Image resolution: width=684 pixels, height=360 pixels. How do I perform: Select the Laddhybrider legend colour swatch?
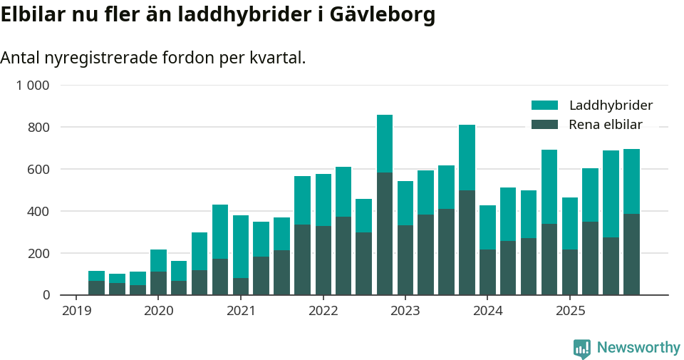tap(545, 106)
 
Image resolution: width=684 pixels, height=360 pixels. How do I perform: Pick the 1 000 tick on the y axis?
tap(33, 86)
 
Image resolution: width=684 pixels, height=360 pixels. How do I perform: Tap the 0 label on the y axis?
tap(46, 295)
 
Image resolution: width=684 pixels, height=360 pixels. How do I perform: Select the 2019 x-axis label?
tap(76, 311)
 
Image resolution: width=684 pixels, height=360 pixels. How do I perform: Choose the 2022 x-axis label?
tap(323, 311)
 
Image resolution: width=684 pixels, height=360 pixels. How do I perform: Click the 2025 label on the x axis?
tap(570, 311)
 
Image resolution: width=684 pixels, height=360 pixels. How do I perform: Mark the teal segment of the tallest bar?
tap(385, 143)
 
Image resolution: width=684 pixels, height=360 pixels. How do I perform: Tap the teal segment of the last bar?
tap(631, 181)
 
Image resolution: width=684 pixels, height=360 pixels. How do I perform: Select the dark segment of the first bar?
tap(96, 288)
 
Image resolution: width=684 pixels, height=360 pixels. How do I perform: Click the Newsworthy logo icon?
tap(582, 348)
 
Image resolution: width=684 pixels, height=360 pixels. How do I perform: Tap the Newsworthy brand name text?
tap(638, 348)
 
